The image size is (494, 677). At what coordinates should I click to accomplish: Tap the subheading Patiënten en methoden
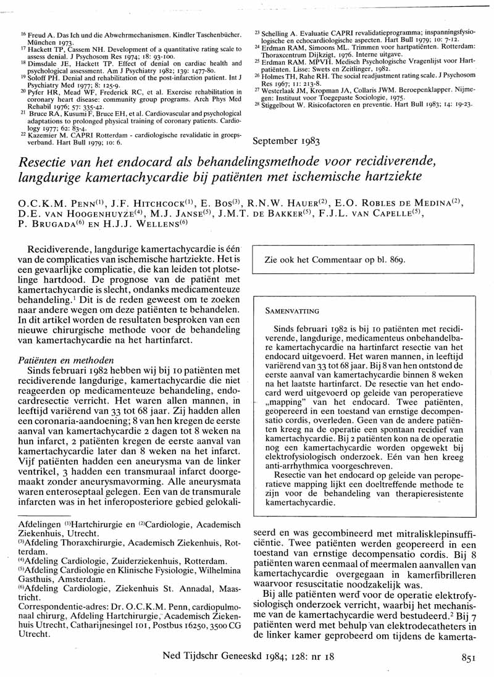(x=65, y=359)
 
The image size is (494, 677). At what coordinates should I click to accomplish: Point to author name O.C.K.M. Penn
(x=56, y=204)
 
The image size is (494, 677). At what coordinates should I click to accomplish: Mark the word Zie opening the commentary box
(x=272, y=260)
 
